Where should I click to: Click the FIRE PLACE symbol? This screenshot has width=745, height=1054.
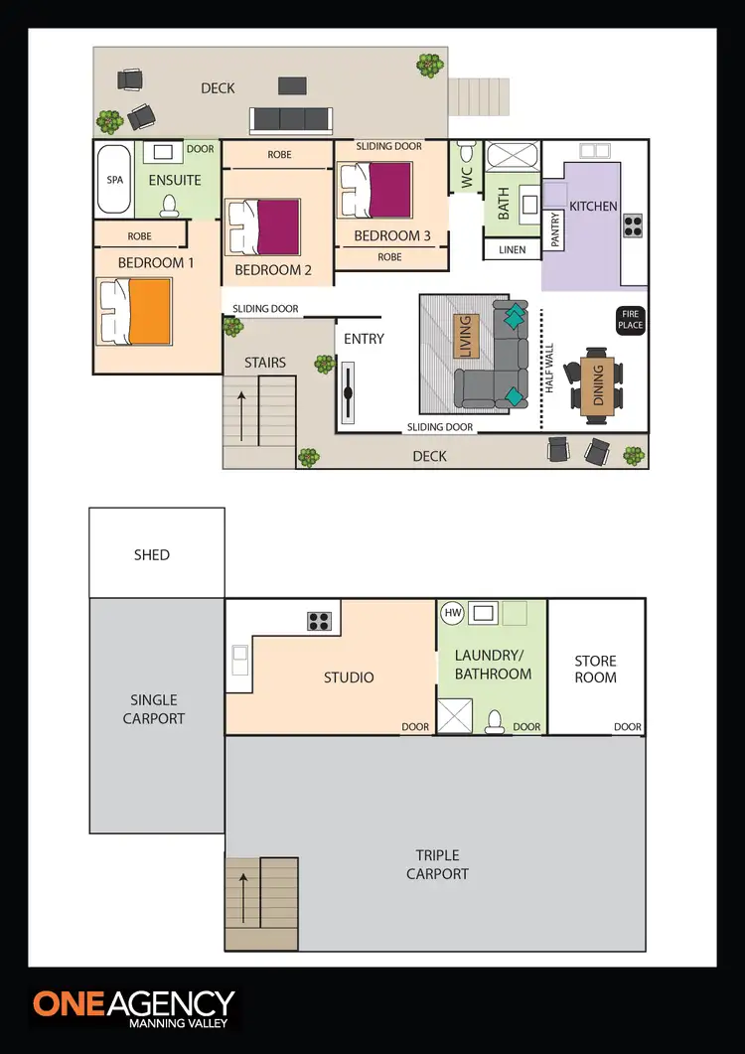coord(631,320)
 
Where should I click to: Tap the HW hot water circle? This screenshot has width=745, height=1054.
coord(453,613)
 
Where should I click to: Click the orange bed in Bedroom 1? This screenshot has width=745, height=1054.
coord(136,312)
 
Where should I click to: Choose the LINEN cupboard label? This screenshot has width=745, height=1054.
coord(512,249)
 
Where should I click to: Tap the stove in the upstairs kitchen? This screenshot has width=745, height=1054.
coord(632,226)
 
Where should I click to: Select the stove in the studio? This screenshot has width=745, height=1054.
coord(319,621)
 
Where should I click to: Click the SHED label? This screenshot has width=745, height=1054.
coord(152,554)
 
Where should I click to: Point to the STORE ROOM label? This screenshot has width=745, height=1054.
coord(596,669)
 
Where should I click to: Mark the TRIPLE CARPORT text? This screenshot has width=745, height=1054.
coord(438,864)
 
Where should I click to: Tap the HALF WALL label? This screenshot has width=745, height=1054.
coord(547,371)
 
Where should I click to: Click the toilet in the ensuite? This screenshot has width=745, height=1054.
coord(170,206)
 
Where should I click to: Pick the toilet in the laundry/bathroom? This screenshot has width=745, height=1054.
coord(494,720)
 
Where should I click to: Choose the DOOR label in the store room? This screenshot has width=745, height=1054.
coord(627,727)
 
